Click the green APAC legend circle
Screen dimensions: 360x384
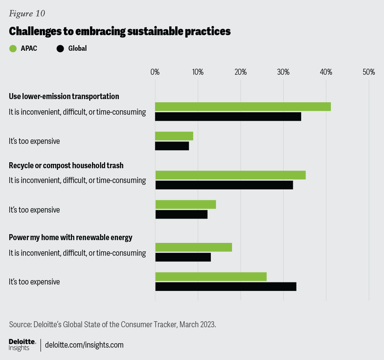point(13,49)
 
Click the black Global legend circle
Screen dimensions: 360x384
point(60,49)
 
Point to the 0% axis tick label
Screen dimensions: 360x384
point(155,72)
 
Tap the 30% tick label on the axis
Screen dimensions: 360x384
point(283,72)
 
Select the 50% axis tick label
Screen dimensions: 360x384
point(368,72)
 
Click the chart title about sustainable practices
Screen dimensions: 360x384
point(120,32)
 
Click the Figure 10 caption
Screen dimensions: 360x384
point(27,13)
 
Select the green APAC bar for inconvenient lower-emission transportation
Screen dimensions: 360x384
point(243,107)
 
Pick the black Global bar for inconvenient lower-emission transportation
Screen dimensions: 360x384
point(228,117)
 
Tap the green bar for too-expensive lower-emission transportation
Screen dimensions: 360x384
point(174,136)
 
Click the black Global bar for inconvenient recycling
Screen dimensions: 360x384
point(224,185)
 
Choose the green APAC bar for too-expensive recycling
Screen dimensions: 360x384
point(186,204)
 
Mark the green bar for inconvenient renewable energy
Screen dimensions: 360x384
point(194,247)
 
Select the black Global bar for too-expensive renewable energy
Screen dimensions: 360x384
point(226,286)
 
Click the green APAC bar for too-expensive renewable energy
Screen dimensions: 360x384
point(211,276)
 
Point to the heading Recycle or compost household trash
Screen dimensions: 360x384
point(66,165)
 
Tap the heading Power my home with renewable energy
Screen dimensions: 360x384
point(70,237)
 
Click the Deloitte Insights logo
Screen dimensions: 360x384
point(22,345)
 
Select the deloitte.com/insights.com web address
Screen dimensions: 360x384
point(84,345)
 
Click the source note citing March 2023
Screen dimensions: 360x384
point(112,324)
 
